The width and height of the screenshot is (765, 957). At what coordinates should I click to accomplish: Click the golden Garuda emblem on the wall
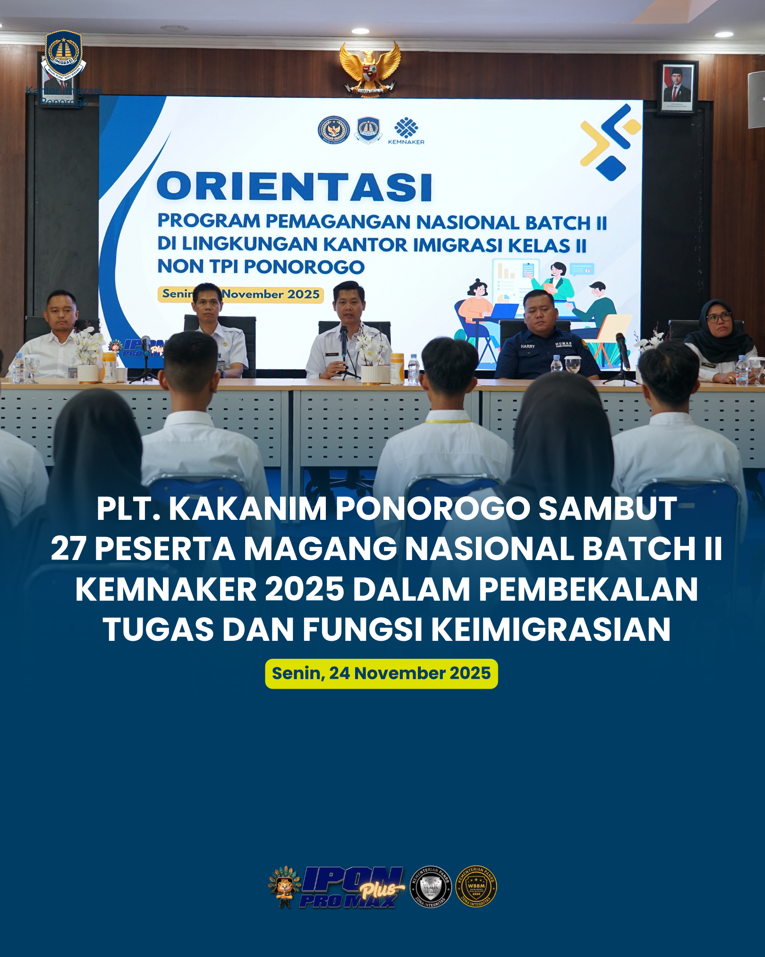[x=370, y=69]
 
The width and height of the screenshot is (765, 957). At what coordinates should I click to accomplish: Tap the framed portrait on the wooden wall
[x=677, y=86]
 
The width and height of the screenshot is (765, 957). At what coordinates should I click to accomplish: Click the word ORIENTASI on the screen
[x=295, y=186]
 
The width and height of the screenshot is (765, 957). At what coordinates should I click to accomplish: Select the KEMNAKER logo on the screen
[x=406, y=131]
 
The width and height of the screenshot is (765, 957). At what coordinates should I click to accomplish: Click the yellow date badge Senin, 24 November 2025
[x=381, y=673]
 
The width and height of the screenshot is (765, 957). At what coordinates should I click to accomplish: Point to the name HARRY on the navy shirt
[x=527, y=346]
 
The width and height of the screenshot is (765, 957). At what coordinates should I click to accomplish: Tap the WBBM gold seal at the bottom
[x=476, y=887]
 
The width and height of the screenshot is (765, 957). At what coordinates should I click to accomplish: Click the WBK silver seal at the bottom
[x=431, y=887]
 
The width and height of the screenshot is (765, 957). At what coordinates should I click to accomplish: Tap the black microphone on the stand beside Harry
[x=622, y=350]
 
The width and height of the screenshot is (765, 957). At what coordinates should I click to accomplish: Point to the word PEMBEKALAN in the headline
[x=588, y=589]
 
